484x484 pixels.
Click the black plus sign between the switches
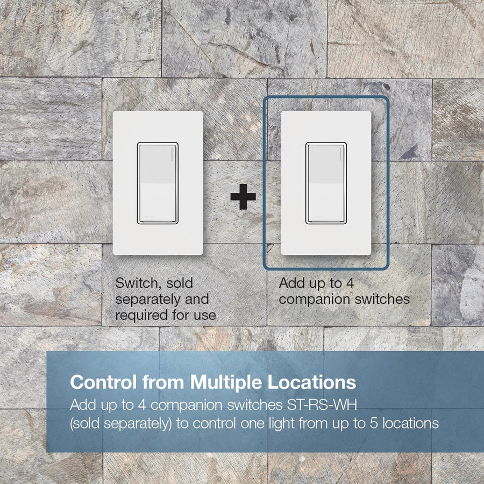pyautogui.click(x=243, y=197)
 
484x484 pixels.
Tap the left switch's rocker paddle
pyautogui.click(x=158, y=183)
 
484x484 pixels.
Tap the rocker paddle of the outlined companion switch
pyautogui.click(x=326, y=183)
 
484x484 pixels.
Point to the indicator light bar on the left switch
pyautogui.click(x=172, y=154)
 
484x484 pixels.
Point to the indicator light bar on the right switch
pyautogui.click(x=340, y=154)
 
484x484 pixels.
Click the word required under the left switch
pyautogui.click(x=141, y=315)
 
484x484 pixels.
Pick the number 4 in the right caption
pyautogui.click(x=350, y=283)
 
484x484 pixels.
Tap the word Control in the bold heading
pyautogui.click(x=103, y=382)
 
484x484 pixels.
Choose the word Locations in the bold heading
pyautogui.click(x=311, y=382)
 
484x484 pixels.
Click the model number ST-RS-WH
pyautogui.click(x=322, y=404)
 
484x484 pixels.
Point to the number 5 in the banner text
pyautogui.click(x=374, y=423)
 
